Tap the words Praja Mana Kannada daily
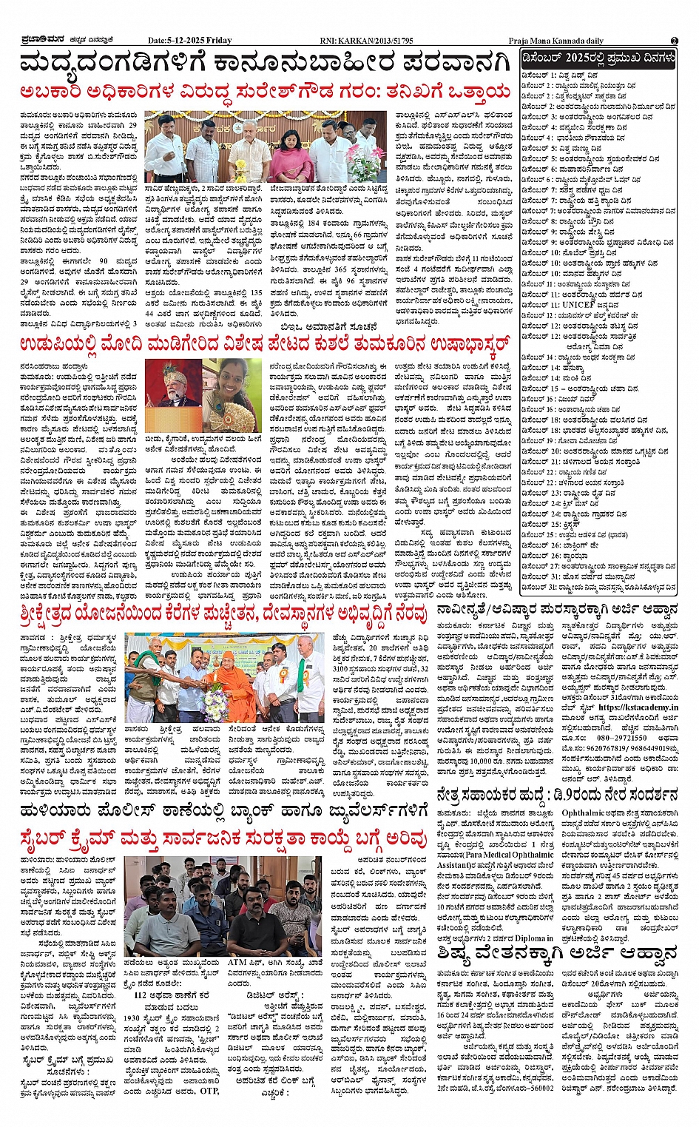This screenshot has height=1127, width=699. (x=556, y=41)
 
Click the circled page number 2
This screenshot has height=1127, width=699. (x=674, y=41)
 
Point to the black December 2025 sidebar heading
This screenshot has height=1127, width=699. (x=598, y=58)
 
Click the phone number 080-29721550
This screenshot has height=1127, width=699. (x=622, y=737)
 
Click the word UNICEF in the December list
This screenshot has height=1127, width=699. (x=578, y=304)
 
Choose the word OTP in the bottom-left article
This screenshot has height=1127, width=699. (x=209, y=1090)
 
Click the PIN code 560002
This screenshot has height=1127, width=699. (x=537, y=1087)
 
